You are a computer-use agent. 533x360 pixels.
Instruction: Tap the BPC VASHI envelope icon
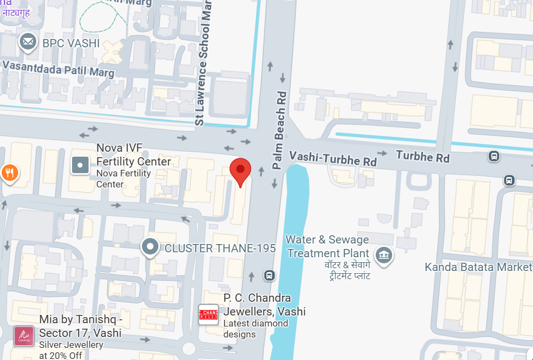pos(28,42)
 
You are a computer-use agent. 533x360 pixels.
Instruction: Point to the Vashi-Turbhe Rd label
pos(333,158)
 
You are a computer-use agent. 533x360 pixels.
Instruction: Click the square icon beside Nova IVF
pos(80,164)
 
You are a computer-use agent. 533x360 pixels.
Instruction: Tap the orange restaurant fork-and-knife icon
pos(9,173)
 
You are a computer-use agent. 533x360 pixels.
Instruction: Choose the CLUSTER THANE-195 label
pos(220,248)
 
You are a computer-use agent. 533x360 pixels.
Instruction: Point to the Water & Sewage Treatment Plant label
pos(328,247)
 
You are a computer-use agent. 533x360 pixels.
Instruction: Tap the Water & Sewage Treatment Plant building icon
pos(383,255)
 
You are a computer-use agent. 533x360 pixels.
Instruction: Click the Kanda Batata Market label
pos(479,267)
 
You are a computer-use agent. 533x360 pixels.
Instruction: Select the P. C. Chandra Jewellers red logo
pos(208,314)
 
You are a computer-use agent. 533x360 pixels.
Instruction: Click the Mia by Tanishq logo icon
pos(24,336)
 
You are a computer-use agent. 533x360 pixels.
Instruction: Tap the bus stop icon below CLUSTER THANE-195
pos(269,275)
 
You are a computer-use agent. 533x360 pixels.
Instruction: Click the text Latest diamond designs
pos(256,329)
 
